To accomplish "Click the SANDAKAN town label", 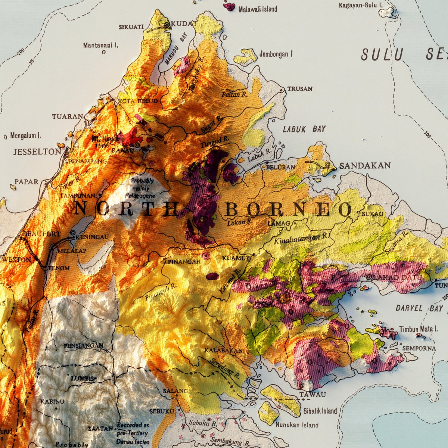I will [364, 166].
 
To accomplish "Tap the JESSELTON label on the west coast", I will [37, 152].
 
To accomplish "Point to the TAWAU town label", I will [312, 394].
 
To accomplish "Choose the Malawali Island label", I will [258, 9].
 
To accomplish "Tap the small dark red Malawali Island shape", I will [229, 6].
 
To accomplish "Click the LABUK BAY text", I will [304, 130].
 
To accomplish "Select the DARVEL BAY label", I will [419, 309].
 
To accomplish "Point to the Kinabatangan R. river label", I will [302, 238].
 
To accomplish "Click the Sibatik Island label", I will [320, 411].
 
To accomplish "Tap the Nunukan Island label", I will [297, 425].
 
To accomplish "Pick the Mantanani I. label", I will [100, 46].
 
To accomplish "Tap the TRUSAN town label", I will [300, 89].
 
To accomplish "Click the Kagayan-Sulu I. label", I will [360, 5].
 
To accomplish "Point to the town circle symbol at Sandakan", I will [327, 164].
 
